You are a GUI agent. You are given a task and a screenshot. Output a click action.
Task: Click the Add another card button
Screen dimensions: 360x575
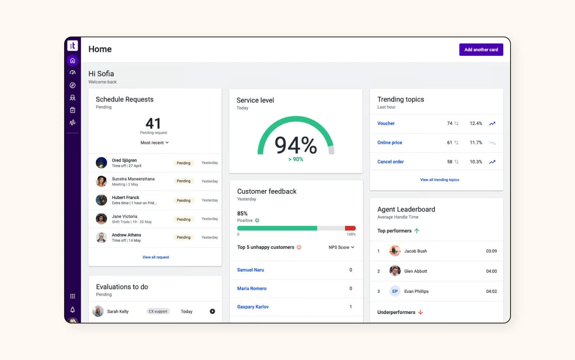click(481, 50)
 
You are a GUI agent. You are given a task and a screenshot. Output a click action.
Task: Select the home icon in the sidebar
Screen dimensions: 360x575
click(72, 60)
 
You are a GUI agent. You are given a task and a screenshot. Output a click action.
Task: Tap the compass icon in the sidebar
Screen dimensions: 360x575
click(72, 85)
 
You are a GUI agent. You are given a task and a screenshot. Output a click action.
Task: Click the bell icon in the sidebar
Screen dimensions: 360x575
click(72, 310)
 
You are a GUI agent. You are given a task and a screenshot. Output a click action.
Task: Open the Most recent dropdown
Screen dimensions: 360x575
click(155, 143)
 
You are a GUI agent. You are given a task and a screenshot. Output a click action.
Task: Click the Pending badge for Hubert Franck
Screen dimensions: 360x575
click(183, 201)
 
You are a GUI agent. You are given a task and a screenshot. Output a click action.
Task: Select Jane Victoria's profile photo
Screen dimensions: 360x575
click(101, 219)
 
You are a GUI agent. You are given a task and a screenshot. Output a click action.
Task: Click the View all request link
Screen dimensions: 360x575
click(156, 257)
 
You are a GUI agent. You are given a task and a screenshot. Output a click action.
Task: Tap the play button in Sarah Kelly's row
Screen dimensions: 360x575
click(212, 311)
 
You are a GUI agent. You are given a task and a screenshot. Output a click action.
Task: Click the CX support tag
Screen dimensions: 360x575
click(158, 311)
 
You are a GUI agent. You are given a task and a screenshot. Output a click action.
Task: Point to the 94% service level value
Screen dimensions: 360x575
click(295, 145)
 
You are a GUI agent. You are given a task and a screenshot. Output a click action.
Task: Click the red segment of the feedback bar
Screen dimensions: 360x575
click(350, 228)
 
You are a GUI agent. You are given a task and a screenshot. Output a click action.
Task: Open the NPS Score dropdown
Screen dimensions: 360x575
click(341, 247)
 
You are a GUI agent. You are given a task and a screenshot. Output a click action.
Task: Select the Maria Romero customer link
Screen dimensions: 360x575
click(251, 288)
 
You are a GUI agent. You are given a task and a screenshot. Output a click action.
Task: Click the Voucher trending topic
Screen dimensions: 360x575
click(386, 123)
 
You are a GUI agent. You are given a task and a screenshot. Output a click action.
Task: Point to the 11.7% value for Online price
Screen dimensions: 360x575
click(476, 143)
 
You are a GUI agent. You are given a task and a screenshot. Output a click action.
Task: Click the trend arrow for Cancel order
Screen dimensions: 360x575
click(492, 162)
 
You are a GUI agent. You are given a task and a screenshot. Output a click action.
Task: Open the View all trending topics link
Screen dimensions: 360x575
click(439, 180)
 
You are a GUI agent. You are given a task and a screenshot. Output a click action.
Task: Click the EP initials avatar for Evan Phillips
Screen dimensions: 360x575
click(395, 291)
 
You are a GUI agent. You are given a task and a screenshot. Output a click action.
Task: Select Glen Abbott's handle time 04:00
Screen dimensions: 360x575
click(491, 271)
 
